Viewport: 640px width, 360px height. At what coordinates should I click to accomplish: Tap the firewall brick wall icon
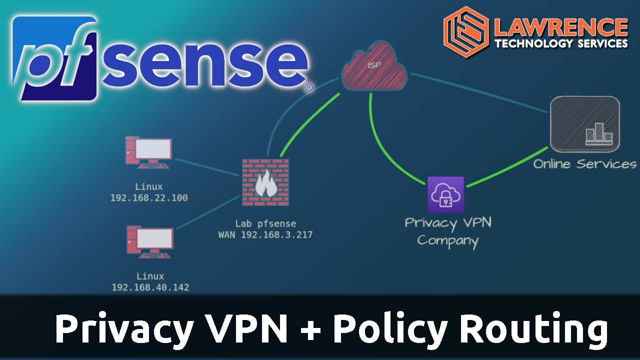(x=265, y=182)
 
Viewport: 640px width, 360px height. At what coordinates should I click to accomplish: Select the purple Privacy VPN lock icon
(x=445, y=194)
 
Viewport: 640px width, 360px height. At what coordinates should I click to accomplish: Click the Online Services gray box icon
(x=584, y=124)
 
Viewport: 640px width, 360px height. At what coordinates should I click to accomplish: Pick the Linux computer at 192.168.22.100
(x=149, y=152)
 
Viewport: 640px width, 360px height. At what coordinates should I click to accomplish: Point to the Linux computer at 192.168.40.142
(x=149, y=241)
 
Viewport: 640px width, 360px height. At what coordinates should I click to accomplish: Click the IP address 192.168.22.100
(x=149, y=198)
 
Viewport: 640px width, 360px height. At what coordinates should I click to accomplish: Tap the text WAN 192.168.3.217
(x=265, y=234)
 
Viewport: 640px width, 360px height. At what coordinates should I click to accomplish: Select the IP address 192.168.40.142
(x=150, y=287)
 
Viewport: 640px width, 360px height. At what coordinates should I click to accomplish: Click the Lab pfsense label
(x=265, y=223)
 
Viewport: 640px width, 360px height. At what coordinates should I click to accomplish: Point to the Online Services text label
(x=584, y=164)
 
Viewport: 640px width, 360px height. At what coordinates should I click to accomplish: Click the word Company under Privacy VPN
(x=447, y=240)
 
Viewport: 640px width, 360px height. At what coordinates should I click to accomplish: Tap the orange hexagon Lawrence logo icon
(x=465, y=31)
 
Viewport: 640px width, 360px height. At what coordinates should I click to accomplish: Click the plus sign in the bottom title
(x=310, y=330)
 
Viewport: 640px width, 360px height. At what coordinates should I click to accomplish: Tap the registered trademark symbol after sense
(x=308, y=87)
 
